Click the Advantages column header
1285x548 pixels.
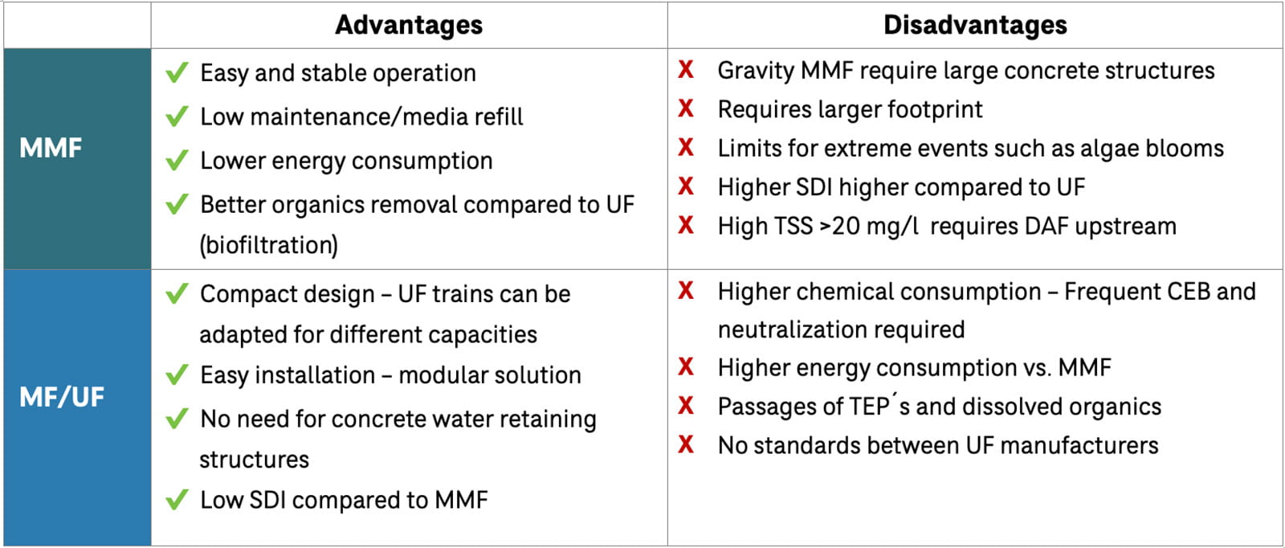[x=409, y=25]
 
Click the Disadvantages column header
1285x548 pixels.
[x=975, y=25]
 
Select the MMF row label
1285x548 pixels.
[x=51, y=148]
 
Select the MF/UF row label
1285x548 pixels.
[x=62, y=397]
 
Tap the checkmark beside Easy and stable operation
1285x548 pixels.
[x=177, y=73]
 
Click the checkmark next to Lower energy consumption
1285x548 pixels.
[x=177, y=161]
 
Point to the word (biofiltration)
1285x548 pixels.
[x=268, y=245]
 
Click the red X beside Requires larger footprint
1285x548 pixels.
[x=686, y=108]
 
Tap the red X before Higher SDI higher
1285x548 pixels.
[x=686, y=186]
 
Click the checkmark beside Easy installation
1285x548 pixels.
[x=177, y=375]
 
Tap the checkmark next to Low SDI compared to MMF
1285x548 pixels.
[x=177, y=501]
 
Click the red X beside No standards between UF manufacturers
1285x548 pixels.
[x=686, y=444]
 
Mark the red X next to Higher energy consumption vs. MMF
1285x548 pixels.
[x=686, y=367]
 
